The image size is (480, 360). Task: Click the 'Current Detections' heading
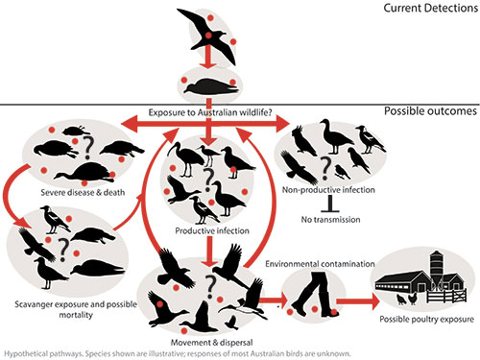tap(431, 8)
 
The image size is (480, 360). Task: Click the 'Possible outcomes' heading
tap(430, 111)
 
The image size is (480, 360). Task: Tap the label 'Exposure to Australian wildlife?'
tap(210, 112)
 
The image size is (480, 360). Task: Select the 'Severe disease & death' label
tap(83, 192)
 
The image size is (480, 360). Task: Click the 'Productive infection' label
tap(212, 230)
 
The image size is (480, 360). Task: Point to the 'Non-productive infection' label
tap(328, 190)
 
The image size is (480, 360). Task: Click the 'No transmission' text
tap(330, 220)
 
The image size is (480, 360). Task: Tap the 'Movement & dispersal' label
tap(211, 343)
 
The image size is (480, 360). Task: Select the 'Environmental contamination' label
tap(320, 264)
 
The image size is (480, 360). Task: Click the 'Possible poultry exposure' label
tap(426, 319)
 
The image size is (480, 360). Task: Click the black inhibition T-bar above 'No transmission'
tap(330, 204)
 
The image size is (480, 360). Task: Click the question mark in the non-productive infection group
tap(325, 168)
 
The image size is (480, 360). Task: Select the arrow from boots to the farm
tap(358, 300)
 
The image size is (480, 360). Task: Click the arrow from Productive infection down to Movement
tap(209, 252)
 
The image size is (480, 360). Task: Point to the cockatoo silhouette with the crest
tap(303, 140)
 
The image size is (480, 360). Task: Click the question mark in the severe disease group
tap(88, 148)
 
